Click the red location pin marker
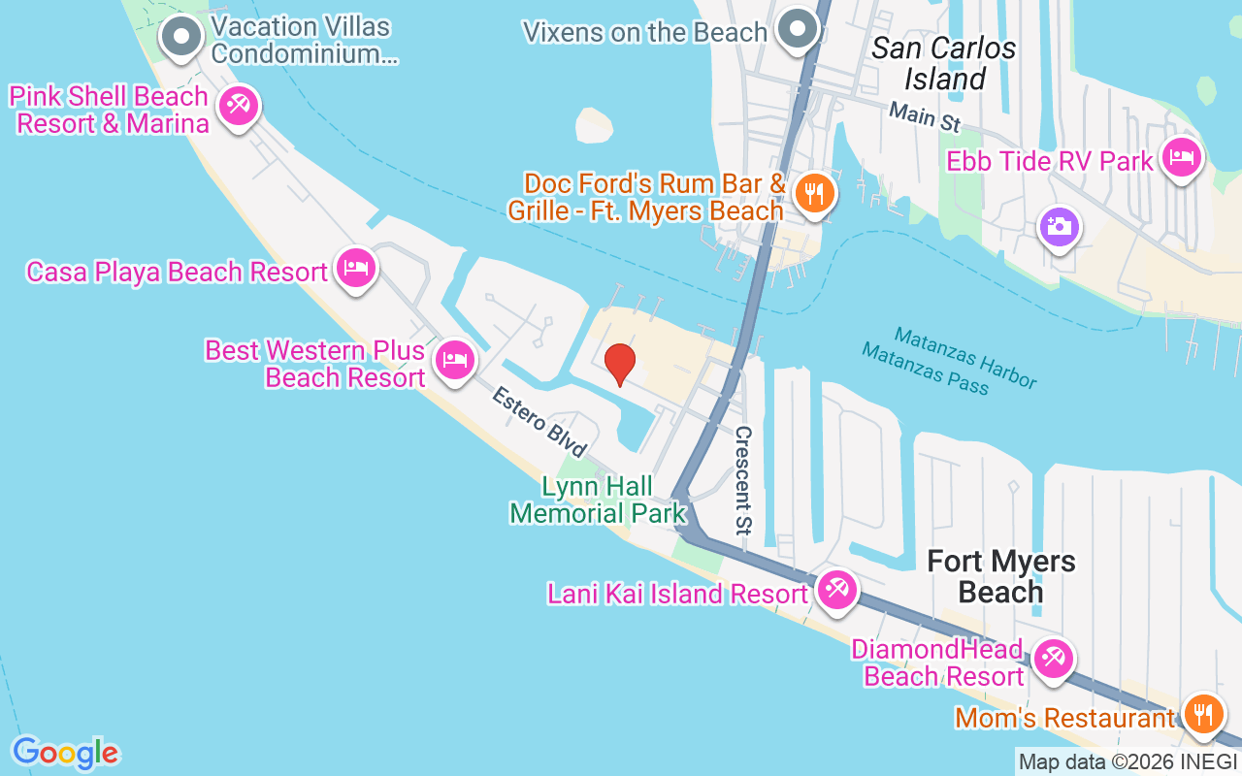pos(619,364)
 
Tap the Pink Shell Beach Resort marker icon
pos(238,105)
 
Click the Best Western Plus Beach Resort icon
pos(453,360)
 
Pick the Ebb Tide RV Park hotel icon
pos(1180,157)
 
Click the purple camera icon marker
pos(1058,228)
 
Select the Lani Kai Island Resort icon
pos(834,589)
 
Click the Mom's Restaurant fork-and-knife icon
pos(1203,715)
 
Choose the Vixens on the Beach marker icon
pos(798,29)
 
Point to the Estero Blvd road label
pos(539,423)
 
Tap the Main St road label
pos(925,117)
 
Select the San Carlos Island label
pos(944,63)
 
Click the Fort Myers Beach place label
pos(1000,576)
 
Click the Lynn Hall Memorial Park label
pos(598,500)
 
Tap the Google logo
pos(65,753)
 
